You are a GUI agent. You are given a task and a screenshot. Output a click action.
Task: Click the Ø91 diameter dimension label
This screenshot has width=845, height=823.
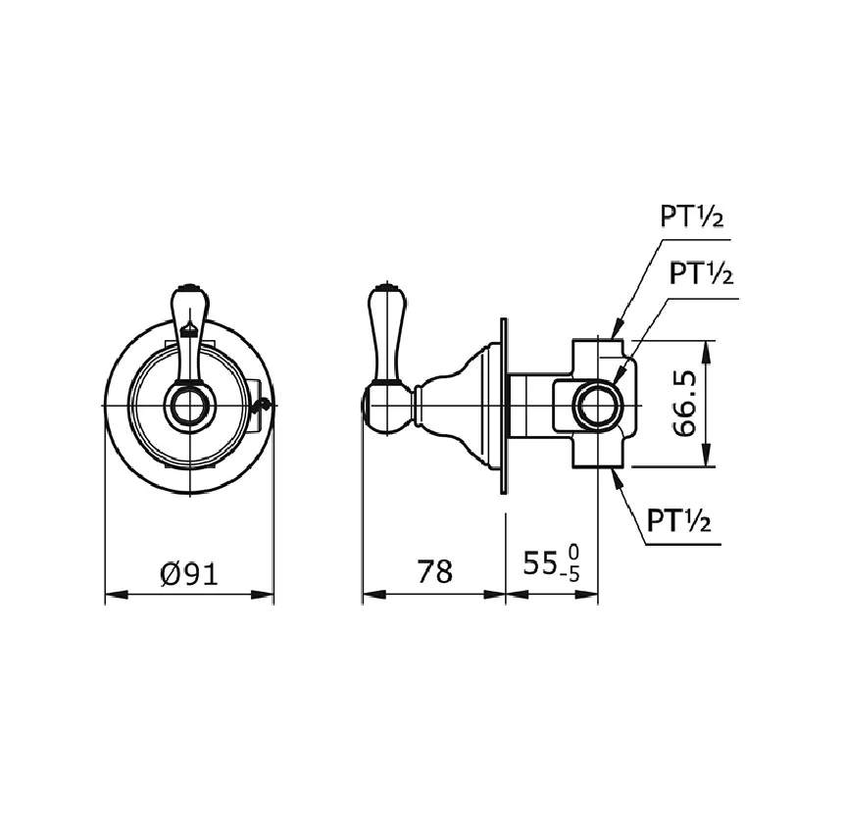coord(189,573)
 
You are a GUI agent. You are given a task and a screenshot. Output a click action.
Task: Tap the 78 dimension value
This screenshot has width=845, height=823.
coord(434,571)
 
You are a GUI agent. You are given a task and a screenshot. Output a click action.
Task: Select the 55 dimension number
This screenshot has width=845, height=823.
coord(539,564)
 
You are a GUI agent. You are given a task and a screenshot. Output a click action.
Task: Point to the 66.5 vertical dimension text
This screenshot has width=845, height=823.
coord(684,404)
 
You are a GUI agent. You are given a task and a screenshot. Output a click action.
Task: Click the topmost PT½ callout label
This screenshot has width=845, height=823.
coord(692,217)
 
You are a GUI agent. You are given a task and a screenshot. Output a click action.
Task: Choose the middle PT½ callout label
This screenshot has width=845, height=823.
coord(701,273)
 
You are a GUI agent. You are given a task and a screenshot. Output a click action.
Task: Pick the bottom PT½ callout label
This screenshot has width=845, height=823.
coord(678,521)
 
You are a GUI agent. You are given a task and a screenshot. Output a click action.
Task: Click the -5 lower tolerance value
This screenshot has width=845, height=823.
coord(570,575)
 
